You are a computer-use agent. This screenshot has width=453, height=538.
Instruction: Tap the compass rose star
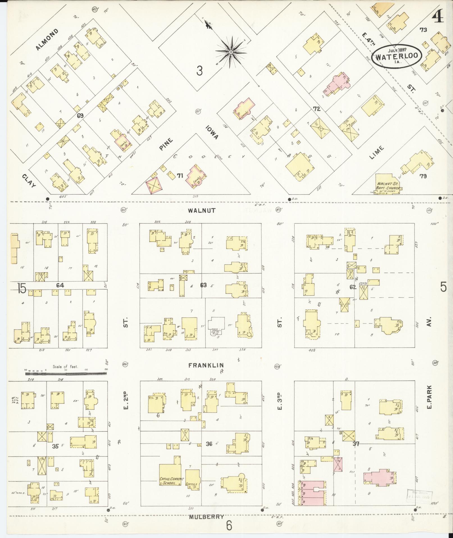(231, 52)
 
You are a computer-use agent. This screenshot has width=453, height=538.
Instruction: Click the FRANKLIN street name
(206, 365)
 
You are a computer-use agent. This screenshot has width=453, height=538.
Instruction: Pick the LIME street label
(377, 152)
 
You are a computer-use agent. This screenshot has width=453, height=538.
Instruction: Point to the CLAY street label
(29, 181)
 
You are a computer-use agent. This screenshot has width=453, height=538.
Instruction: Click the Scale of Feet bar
(66, 373)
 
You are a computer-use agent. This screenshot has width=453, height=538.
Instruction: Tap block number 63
(203, 285)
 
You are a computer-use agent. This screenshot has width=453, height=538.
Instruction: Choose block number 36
(209, 444)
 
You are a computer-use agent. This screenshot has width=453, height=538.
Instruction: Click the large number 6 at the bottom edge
(229, 526)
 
